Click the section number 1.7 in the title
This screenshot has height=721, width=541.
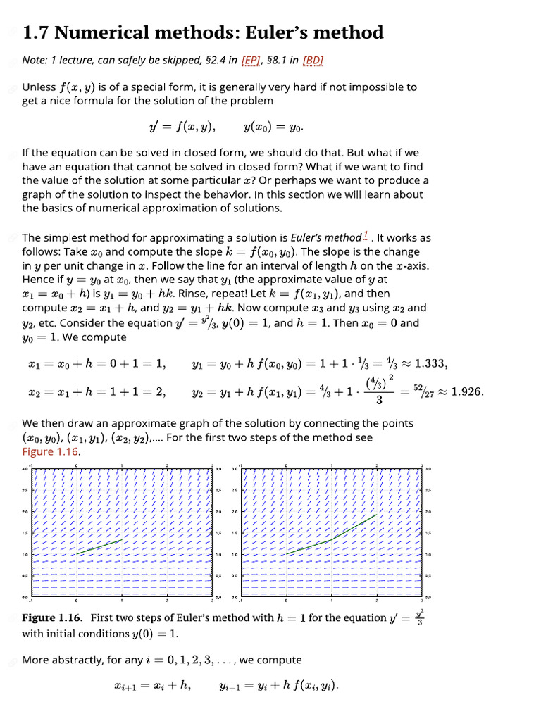(x=36, y=32)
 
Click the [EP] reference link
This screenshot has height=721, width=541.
(x=251, y=61)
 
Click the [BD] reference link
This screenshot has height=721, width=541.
(x=313, y=61)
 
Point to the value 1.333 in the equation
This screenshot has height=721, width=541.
(x=430, y=364)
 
